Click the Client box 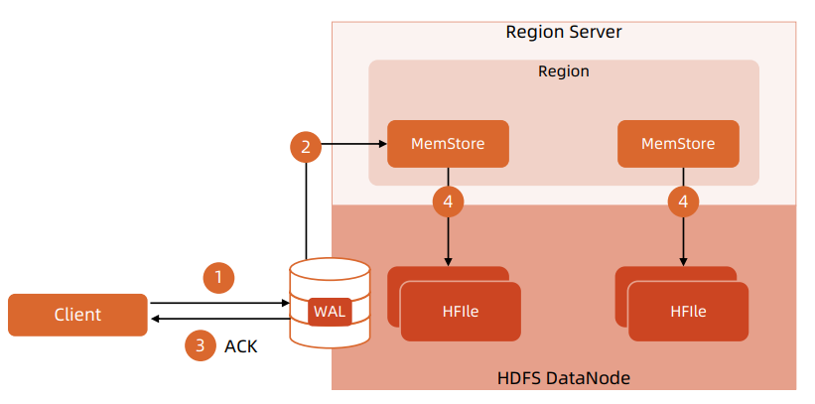tap(77, 315)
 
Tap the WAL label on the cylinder tap(330, 312)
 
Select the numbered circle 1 tap(218, 277)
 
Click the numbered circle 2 tap(306, 147)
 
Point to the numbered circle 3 tap(201, 345)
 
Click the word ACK tap(241, 346)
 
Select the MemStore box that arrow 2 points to tap(448, 144)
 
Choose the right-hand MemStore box tap(678, 144)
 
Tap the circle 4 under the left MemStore tap(448, 202)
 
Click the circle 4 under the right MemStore tap(682, 202)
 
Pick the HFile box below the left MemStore tap(461, 311)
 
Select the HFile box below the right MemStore tap(688, 311)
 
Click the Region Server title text tap(563, 32)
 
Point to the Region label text tap(563, 71)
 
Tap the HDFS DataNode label tap(563, 378)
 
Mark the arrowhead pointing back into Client tap(154, 319)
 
